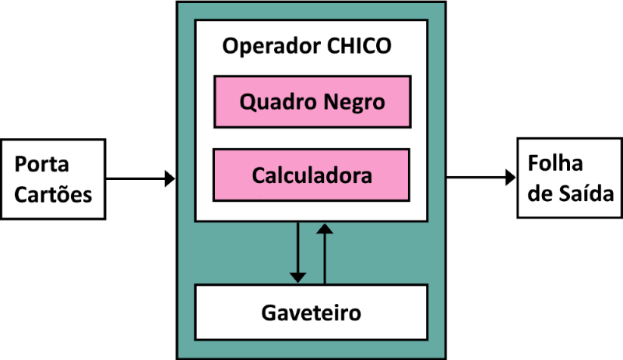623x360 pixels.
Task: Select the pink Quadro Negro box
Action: point(311,101)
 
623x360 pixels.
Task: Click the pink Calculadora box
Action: point(311,175)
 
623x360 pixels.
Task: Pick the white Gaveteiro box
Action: point(311,313)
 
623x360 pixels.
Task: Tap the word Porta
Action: point(42,165)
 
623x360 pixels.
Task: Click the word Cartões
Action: point(54,193)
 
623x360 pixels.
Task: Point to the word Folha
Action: point(552,165)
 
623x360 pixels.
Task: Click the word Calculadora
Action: point(311,175)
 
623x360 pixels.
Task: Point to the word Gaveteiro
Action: point(311,313)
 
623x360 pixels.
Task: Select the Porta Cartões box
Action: point(53,179)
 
